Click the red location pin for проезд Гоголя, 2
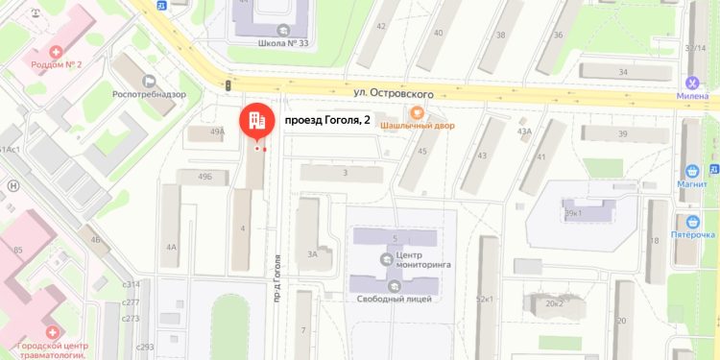[255, 120]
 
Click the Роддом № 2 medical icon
[57, 50]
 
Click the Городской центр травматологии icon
[48, 331]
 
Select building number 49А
[216, 132]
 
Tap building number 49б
[204, 177]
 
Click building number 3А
[312, 253]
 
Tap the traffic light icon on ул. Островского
[228, 86]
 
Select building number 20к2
[555, 303]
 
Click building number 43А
[524, 132]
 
